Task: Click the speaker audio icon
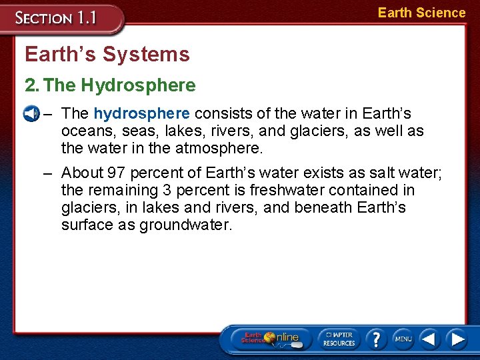click(30, 113)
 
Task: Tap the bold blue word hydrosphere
click(141, 113)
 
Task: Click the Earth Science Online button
click(269, 339)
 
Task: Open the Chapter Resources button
click(339, 339)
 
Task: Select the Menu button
click(403, 339)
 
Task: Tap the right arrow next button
click(457, 339)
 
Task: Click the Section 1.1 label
click(57, 17)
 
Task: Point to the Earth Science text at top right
click(421, 13)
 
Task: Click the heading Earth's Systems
click(107, 54)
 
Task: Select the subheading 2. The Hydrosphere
click(110, 85)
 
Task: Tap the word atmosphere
click(215, 148)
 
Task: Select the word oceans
click(85, 131)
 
